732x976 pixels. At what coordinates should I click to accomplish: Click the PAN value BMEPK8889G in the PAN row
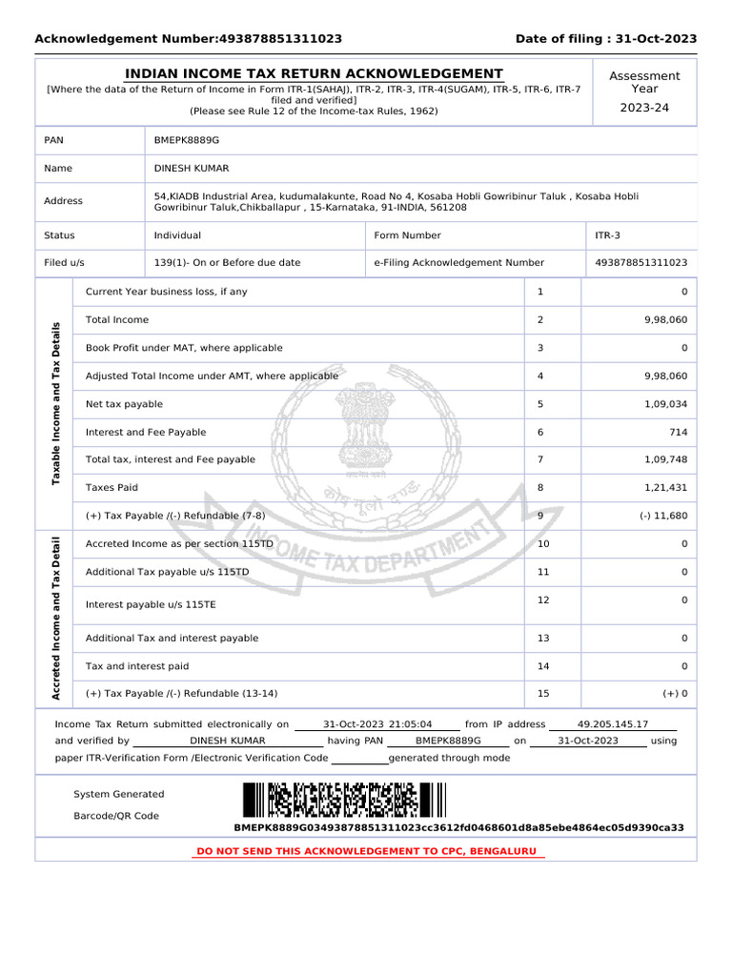pos(186,140)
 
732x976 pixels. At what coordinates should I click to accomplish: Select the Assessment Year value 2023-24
pos(644,108)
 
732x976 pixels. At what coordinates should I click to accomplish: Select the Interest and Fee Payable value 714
pos(678,432)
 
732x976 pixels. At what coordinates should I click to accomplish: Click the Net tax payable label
pos(124,404)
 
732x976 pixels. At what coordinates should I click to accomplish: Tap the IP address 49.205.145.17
pos(613,724)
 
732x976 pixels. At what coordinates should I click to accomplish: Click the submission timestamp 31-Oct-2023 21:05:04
pos(377,724)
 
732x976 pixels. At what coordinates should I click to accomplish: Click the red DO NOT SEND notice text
pos(366,850)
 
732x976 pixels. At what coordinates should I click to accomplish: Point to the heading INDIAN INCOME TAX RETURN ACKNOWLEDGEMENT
pos(315,74)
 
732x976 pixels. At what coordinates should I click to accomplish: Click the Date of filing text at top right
pos(605,39)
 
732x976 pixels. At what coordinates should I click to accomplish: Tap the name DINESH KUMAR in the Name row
pos(193,168)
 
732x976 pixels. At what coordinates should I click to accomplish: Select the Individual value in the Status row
pos(177,234)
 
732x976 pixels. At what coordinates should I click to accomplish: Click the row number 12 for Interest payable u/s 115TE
pos(543,600)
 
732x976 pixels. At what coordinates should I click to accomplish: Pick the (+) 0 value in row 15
pos(675,693)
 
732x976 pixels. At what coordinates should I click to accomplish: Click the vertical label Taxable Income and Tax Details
pos(55,403)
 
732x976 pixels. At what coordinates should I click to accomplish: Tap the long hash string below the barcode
pos(458,827)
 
